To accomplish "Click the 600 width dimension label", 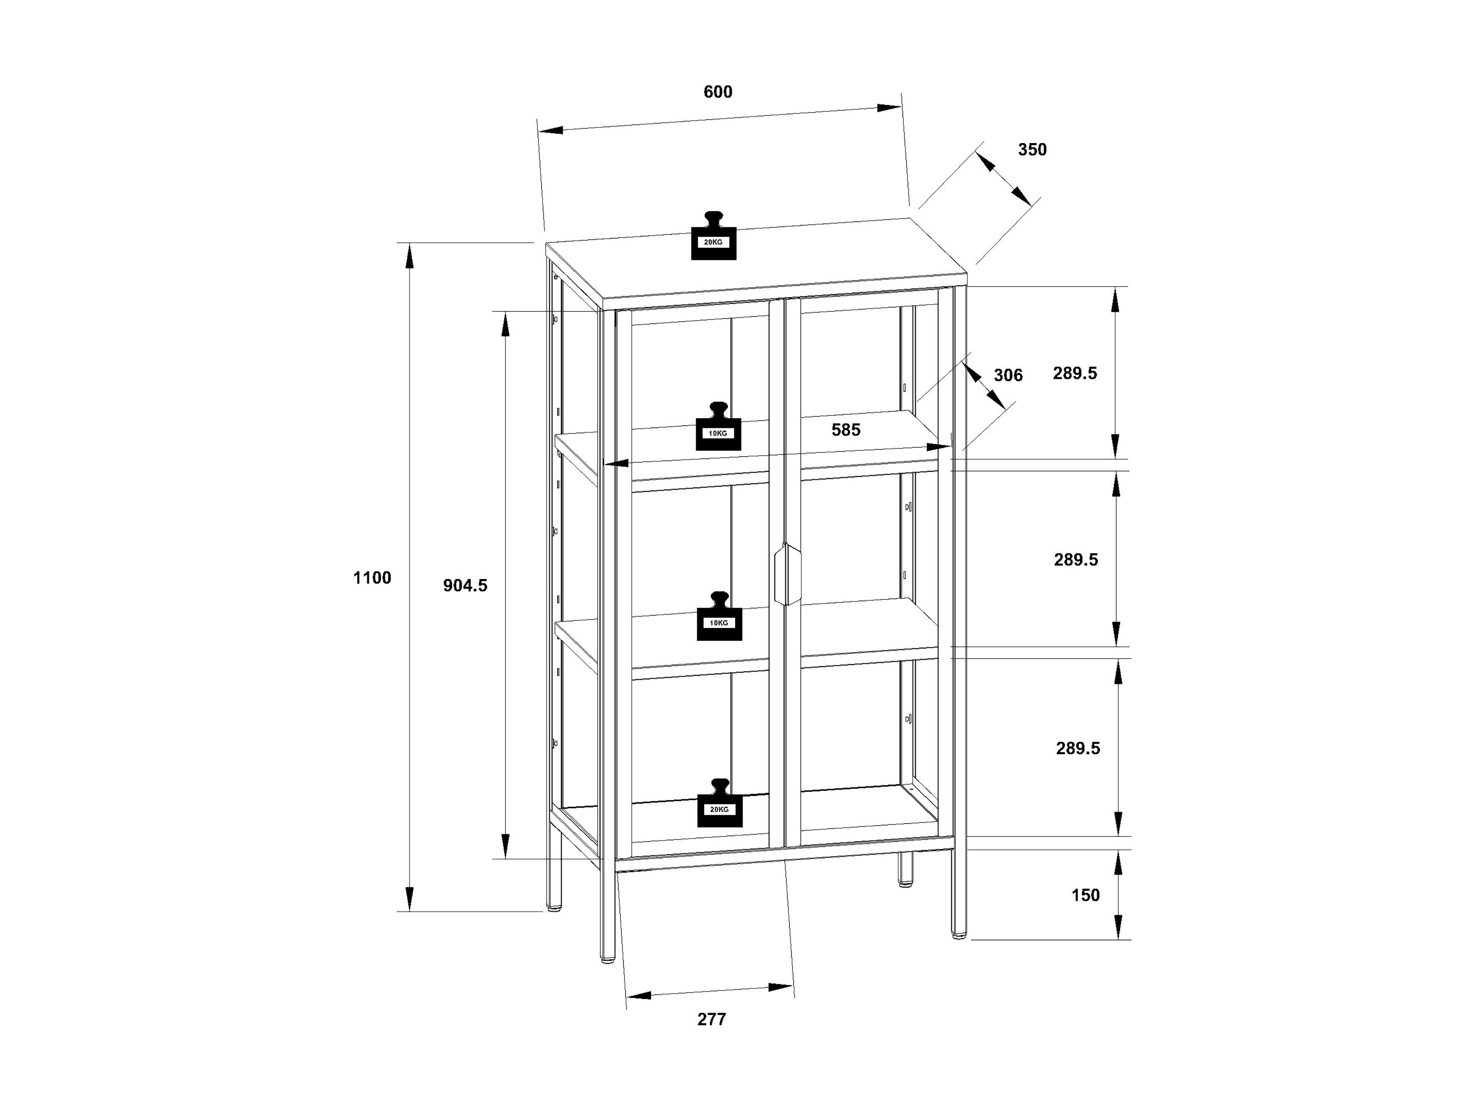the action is [x=718, y=92].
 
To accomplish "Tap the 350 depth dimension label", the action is [x=1032, y=150].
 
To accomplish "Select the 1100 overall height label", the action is [x=372, y=578].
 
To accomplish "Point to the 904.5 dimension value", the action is [x=465, y=586].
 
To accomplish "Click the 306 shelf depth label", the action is [x=1008, y=375].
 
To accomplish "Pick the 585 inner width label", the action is [x=846, y=430].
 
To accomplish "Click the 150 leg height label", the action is [x=1086, y=895].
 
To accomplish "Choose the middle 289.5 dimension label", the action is [x=1076, y=559].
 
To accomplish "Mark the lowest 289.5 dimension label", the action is [x=1078, y=748].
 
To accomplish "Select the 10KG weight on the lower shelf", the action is [x=719, y=616].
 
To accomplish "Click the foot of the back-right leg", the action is [x=906, y=884].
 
